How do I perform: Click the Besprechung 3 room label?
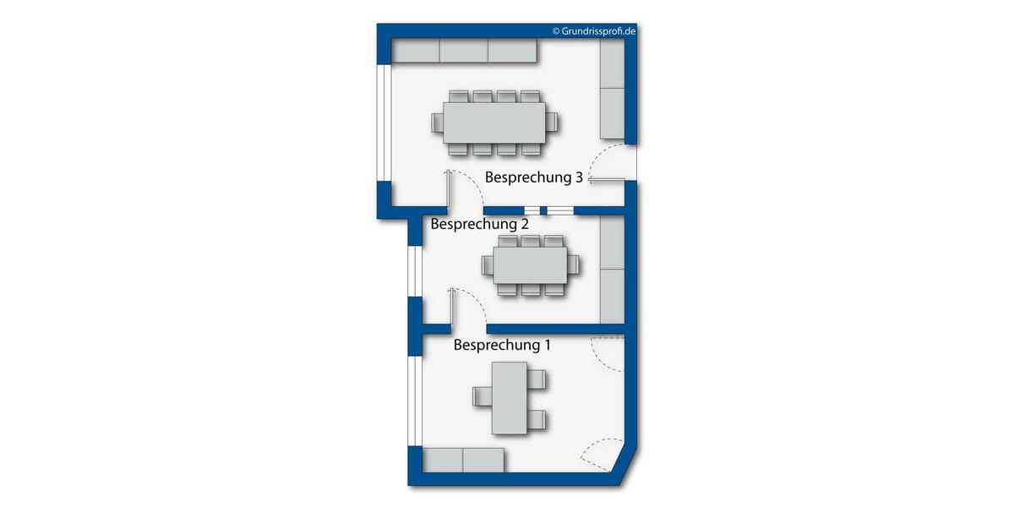coord(533,178)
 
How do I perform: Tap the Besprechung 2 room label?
coord(479,224)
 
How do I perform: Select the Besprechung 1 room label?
coord(502,345)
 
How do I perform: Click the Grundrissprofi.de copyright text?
coord(593,30)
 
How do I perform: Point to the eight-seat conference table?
coord(495,123)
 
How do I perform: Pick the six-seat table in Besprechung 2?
coord(531,265)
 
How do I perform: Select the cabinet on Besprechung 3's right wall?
coord(612,90)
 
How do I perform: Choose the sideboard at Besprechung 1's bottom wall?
coord(463,461)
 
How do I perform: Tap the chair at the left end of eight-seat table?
coord(438,123)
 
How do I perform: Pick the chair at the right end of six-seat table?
coord(575,265)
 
